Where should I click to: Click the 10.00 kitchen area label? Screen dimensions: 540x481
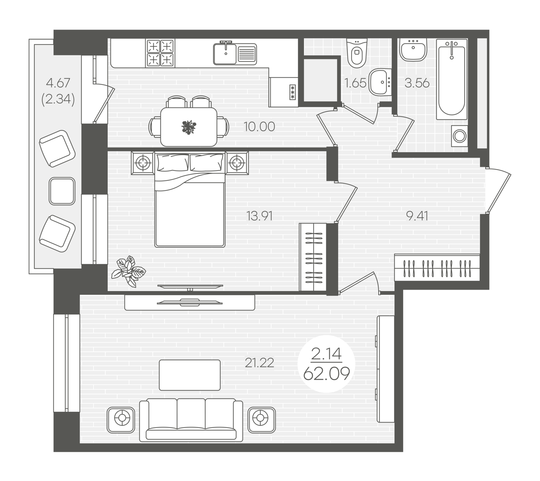coord(259,127)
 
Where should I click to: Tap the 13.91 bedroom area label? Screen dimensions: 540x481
coord(259,216)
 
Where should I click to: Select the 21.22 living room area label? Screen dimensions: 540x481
coord(259,363)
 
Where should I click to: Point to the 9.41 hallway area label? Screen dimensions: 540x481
coord(417,216)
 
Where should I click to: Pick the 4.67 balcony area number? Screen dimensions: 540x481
coord(58,83)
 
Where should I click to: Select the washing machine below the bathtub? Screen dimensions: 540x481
coord(460,136)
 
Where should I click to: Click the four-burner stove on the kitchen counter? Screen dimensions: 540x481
coord(160,53)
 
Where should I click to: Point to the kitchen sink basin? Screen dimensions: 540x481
coord(225,54)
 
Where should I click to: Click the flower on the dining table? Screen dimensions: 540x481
coord(188,127)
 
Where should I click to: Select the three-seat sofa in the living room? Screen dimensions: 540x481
coord(191,420)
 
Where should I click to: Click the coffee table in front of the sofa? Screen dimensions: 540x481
coord(190,375)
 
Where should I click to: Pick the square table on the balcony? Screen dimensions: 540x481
coord(62,191)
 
